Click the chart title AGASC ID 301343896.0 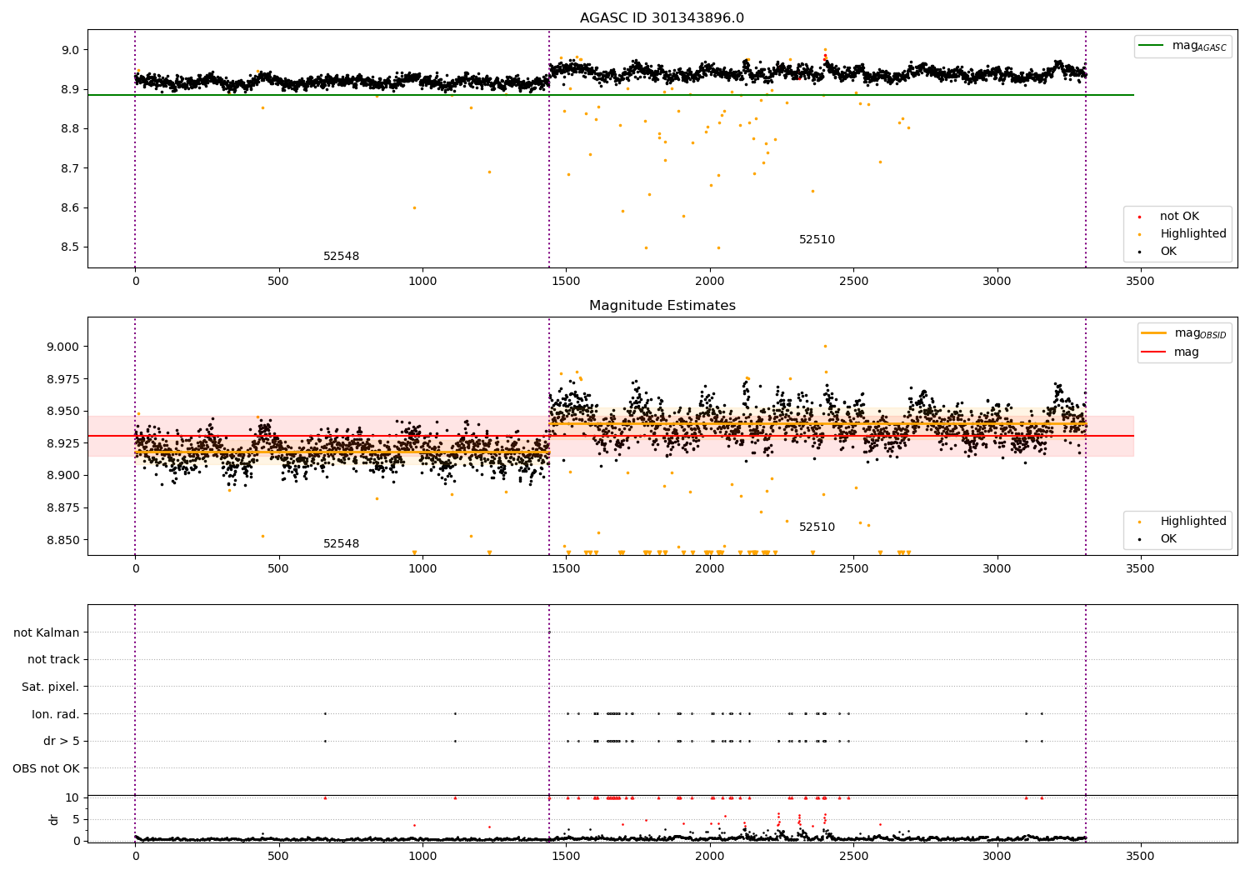click(x=662, y=18)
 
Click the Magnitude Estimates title click(x=662, y=306)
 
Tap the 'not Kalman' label click(x=46, y=633)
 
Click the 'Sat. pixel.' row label click(x=50, y=687)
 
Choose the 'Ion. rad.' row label click(x=55, y=714)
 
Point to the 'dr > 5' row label click(x=61, y=742)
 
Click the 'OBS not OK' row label click(x=46, y=768)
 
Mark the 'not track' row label click(x=53, y=660)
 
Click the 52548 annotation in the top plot click(x=341, y=257)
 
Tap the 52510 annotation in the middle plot click(x=817, y=527)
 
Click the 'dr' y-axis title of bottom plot click(x=54, y=819)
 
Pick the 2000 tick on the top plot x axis click(x=709, y=282)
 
